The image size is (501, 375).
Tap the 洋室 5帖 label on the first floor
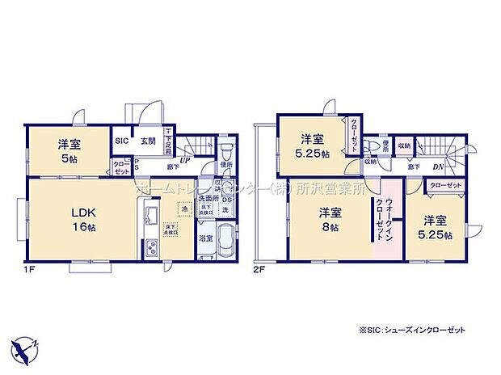tap(68, 151)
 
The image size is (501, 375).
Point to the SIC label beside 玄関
tap(122, 141)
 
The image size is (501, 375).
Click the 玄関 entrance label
tap(147, 141)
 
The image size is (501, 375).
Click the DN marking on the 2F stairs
tap(436, 167)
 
